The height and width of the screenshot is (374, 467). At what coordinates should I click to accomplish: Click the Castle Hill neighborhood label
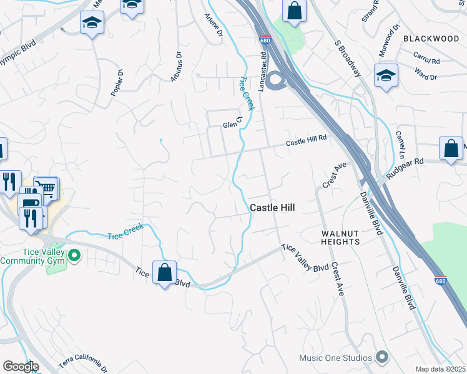click(x=272, y=208)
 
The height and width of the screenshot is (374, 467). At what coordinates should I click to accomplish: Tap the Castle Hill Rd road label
click(x=307, y=143)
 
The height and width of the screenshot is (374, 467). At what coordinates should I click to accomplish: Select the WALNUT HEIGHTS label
click(x=341, y=237)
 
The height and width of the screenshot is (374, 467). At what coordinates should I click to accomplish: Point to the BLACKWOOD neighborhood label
click(x=431, y=39)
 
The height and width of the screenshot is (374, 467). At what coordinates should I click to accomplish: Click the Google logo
click(x=20, y=367)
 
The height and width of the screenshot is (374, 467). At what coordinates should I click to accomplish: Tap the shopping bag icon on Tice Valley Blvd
click(x=164, y=272)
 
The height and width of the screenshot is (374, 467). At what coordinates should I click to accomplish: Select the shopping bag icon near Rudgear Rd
click(x=451, y=148)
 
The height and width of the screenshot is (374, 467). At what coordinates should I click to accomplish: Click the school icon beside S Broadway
click(x=386, y=75)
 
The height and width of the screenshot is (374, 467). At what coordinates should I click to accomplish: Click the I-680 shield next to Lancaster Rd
click(x=265, y=40)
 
